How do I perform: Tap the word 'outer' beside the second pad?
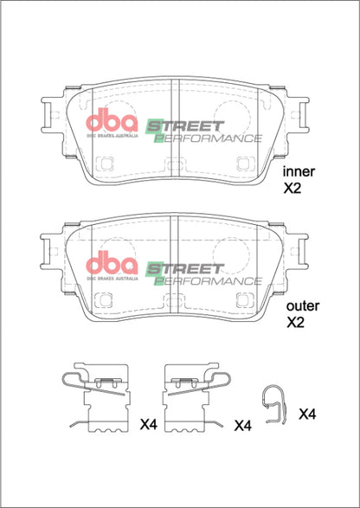[x=302, y=305]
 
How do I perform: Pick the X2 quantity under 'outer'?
[x=296, y=322]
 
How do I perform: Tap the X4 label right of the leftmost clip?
[x=148, y=424]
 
